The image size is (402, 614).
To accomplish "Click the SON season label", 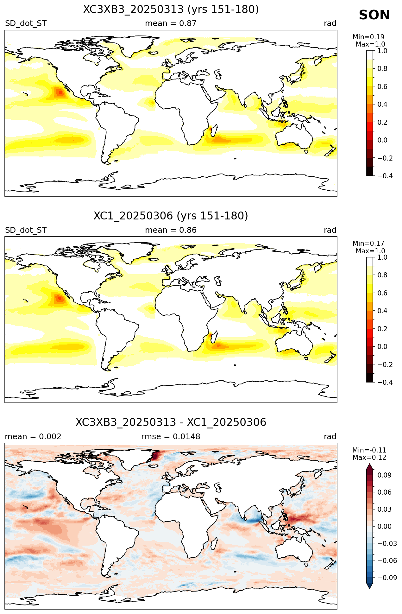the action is click(374, 15).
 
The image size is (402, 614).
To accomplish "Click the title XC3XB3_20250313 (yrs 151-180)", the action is click(171, 9).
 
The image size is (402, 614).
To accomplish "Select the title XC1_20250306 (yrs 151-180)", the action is click(171, 216).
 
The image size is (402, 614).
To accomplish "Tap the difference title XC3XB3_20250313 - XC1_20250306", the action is click(171, 422).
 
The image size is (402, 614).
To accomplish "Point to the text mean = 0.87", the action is click(171, 23).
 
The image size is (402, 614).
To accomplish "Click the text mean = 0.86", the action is click(171, 230).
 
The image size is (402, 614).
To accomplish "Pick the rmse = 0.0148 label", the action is click(171, 437).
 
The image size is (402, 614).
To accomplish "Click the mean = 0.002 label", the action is click(33, 437).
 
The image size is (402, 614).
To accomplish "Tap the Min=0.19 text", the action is click(368, 37).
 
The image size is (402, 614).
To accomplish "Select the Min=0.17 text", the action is click(368, 244).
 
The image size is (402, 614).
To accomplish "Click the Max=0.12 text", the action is click(369, 458).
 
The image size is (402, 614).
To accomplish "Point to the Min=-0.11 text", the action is click(369, 450).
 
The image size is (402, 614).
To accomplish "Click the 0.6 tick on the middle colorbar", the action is click(383, 293).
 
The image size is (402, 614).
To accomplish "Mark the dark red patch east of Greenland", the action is click(156, 456).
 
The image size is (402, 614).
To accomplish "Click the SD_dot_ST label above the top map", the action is click(26, 23).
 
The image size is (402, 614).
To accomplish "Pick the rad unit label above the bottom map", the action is click(330, 437).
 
